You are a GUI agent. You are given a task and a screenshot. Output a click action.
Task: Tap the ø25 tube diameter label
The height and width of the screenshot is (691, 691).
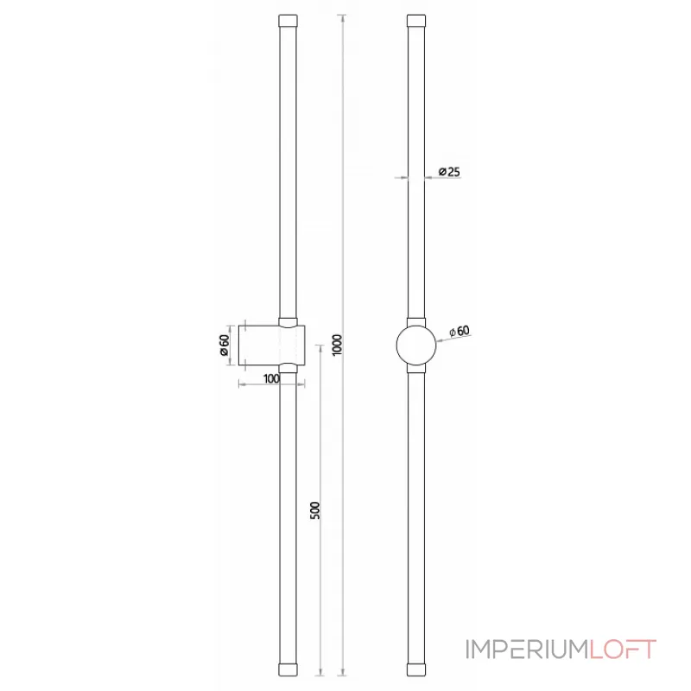point(448,171)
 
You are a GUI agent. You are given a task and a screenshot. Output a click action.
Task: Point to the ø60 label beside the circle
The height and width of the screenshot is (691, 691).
point(458,331)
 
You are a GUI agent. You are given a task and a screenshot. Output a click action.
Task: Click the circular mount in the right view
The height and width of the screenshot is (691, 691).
point(416,344)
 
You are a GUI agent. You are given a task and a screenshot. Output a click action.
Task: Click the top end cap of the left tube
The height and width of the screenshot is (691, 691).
point(288,20)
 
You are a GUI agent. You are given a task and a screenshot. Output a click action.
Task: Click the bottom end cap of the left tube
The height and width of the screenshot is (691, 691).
point(288,669)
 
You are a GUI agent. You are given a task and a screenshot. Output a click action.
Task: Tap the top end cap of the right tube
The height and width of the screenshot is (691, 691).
point(416,20)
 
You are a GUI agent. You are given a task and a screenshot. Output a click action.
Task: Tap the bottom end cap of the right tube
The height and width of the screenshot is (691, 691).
point(416,669)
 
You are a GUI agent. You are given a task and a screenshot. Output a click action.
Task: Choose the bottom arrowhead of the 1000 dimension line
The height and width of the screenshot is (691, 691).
point(345,671)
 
